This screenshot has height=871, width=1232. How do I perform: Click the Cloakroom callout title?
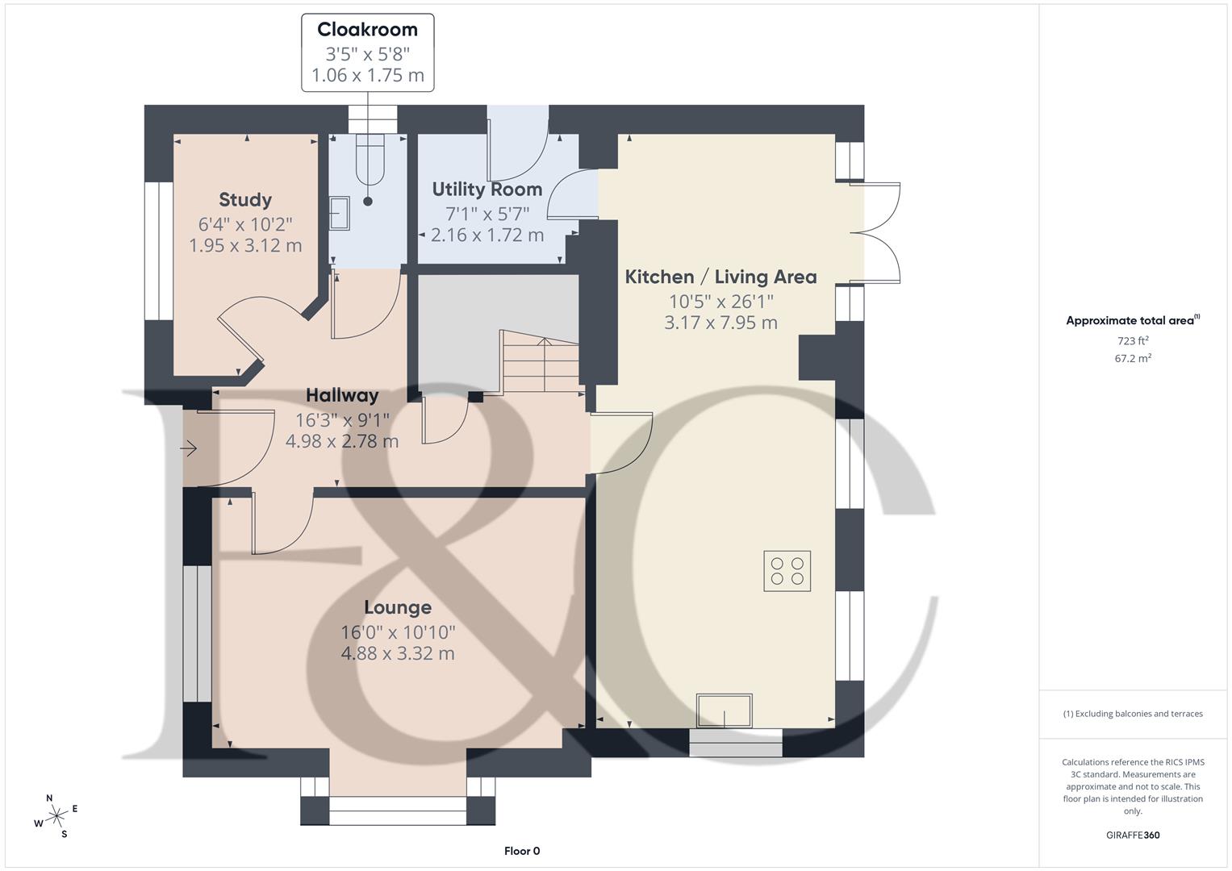367,30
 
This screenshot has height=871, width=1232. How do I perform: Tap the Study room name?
245,199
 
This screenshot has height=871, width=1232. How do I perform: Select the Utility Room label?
487,190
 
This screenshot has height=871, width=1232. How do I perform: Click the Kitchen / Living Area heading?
720,277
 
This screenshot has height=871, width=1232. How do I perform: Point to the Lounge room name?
397,607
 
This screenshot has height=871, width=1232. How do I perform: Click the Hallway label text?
342,395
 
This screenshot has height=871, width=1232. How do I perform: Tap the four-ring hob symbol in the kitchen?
787,571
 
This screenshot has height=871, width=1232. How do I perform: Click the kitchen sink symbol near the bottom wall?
725,711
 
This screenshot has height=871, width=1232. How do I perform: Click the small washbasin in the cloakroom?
338,213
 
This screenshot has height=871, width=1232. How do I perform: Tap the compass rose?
56,816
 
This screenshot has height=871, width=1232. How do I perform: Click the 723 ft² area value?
1133,341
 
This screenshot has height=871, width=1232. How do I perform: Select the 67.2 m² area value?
1133,359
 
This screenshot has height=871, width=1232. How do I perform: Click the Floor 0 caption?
521,851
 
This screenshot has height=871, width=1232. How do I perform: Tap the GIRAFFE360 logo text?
1133,835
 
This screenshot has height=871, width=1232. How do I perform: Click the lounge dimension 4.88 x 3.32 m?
397,653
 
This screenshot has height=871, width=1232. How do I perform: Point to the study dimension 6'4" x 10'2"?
245,224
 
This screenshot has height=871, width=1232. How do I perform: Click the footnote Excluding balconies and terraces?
1133,714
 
